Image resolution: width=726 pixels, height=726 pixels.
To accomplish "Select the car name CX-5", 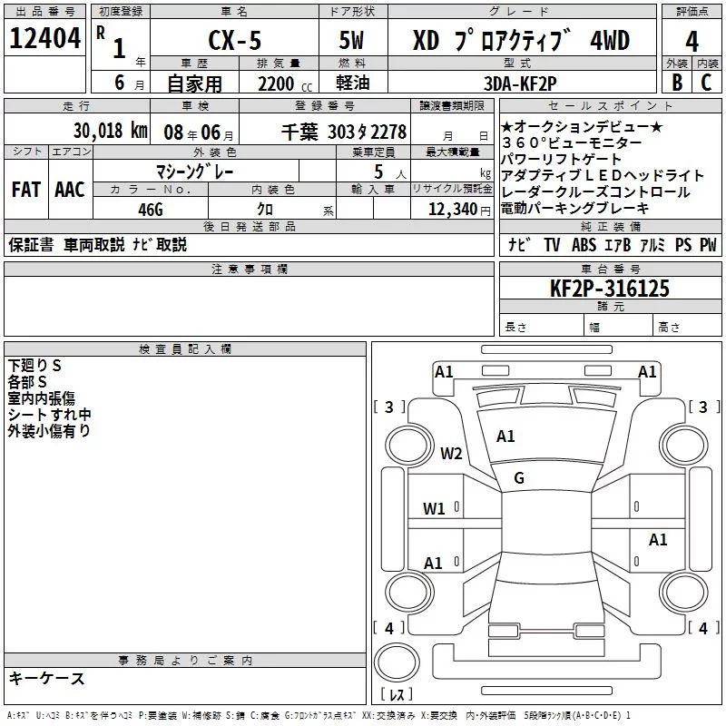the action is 231,41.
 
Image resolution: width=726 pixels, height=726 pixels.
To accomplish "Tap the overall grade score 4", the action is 692,41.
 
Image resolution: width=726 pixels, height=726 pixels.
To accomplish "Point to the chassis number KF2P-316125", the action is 610,289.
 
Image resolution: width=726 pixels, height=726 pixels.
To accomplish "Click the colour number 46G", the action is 150,209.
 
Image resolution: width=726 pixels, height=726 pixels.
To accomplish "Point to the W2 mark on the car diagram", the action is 451,454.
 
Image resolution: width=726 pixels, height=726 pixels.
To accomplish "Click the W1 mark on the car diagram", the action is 434,508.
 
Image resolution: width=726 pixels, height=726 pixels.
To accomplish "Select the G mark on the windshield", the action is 519,478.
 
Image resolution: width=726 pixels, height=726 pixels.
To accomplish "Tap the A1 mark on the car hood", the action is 505,437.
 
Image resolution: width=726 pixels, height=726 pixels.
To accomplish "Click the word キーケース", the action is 47,679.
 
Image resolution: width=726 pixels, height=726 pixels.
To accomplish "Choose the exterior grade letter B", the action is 675,83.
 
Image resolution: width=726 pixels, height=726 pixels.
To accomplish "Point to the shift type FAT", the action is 25,190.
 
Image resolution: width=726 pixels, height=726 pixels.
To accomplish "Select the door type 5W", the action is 353,41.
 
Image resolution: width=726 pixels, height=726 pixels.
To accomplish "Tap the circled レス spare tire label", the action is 397,696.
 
